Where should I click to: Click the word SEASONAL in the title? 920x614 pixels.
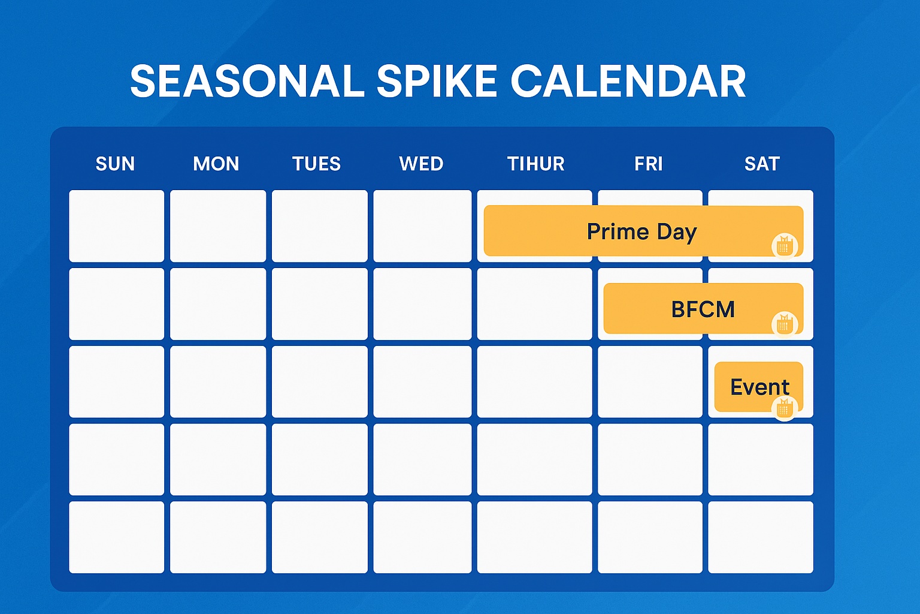247,81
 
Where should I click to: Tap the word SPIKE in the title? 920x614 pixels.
437,81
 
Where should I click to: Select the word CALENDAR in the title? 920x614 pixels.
628,81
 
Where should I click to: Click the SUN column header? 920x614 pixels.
116,164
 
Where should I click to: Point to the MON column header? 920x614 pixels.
216,164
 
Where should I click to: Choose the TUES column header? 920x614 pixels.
317,164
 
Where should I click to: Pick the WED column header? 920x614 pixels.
422,164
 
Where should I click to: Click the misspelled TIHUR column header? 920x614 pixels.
536,164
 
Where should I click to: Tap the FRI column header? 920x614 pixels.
649,164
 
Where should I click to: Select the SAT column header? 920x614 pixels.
762,164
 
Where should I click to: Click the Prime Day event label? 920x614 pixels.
642,232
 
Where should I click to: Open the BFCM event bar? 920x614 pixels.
703,308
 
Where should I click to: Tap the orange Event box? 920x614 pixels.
759,387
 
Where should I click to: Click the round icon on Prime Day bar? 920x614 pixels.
785,246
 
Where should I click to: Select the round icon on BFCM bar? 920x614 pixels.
785,324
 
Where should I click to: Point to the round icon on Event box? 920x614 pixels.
785,408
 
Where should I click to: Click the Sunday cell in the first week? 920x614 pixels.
117,226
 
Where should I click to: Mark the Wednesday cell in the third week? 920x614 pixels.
422,381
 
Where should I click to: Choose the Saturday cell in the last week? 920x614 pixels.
761,537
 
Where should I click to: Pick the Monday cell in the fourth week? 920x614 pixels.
218,459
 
